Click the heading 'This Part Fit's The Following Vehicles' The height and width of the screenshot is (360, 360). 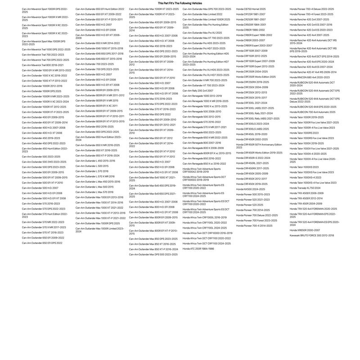pyautogui.click(x=180, y=3)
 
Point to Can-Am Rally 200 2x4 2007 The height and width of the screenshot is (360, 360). pyautogui.click(x=198, y=90)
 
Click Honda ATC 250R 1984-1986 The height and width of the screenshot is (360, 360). pyautogui.click(x=198, y=248)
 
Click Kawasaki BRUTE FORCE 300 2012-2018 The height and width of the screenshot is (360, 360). pyautogui.click(x=312, y=235)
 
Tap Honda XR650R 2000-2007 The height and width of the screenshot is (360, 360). pyautogui.click(x=305, y=230)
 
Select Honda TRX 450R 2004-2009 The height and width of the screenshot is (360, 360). pyautogui.click(x=306, y=203)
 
